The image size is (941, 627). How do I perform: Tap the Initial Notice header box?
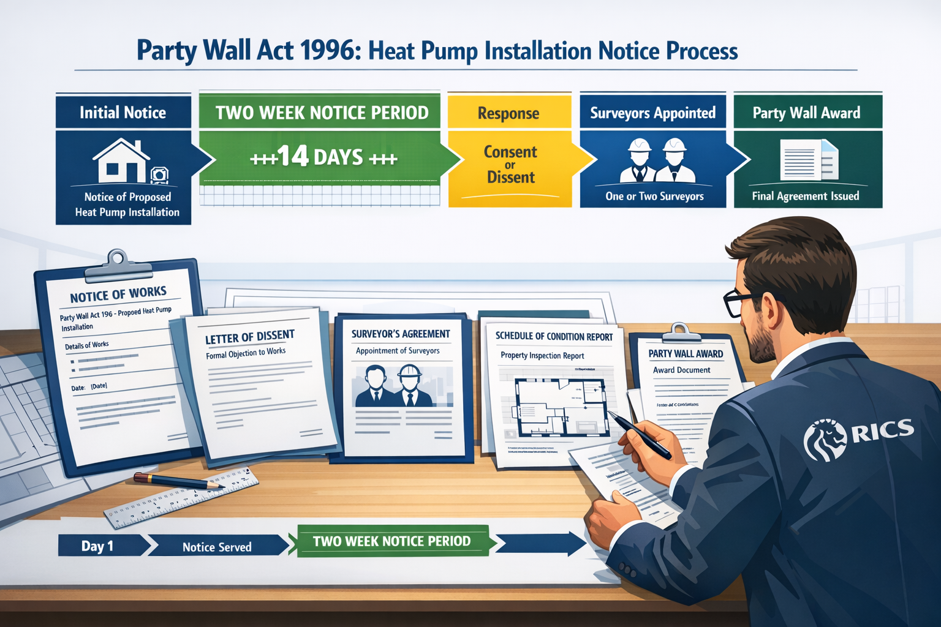[x=123, y=113]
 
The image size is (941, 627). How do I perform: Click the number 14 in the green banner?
[x=292, y=157]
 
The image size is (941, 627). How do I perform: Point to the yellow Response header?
[x=508, y=113]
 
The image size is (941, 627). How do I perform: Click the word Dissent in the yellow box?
[x=510, y=178]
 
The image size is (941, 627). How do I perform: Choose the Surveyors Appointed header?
[x=652, y=113]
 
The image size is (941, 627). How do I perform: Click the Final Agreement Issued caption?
[x=806, y=197]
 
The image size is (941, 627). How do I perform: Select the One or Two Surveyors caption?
[x=654, y=197]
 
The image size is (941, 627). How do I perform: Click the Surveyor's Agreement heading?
[x=401, y=334]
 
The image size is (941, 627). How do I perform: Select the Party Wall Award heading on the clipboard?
[x=686, y=354]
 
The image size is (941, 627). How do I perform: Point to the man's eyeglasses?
[x=738, y=301]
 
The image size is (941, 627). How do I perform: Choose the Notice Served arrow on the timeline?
[x=217, y=547]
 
